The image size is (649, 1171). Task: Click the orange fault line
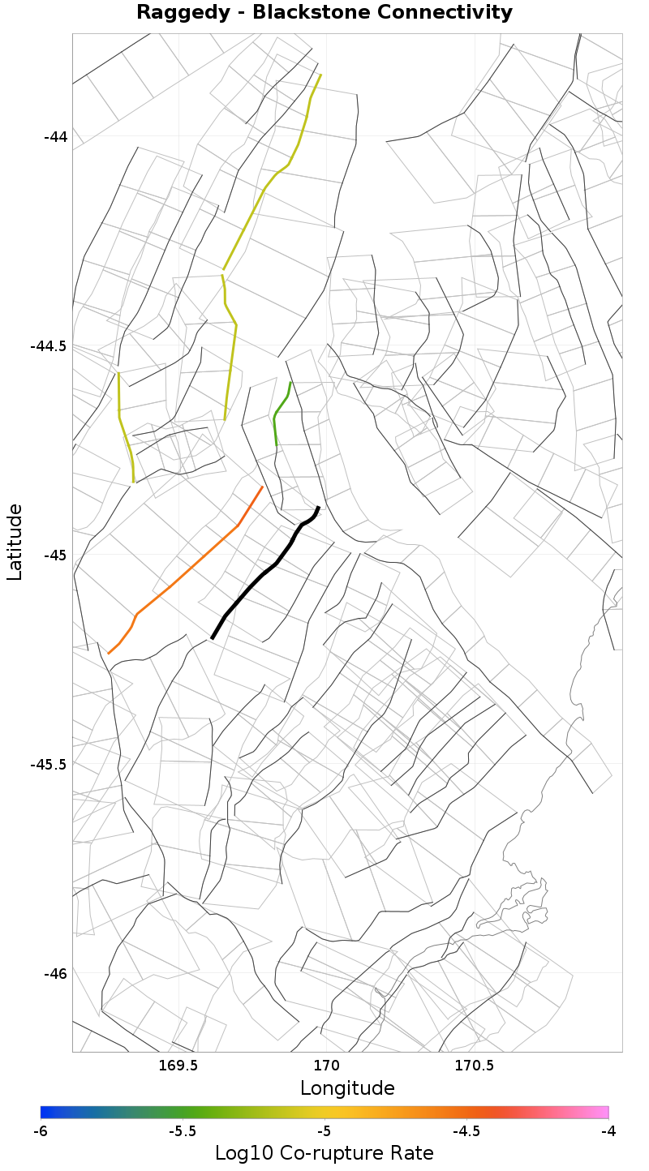(187, 572)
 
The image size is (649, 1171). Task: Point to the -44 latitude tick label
(55, 136)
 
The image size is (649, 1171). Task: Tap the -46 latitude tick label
(55, 973)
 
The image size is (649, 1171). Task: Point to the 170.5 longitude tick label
(474, 1066)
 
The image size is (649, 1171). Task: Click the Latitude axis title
(15, 542)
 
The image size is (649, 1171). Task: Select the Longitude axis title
(347, 1088)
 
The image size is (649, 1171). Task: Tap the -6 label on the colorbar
(41, 1130)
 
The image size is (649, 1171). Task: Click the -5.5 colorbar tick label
(182, 1130)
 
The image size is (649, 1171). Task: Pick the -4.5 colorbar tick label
(466, 1130)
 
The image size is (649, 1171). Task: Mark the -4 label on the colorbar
(608, 1130)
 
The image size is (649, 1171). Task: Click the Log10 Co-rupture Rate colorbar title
(324, 1153)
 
